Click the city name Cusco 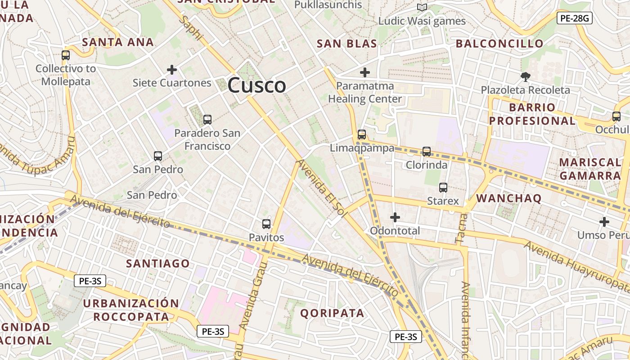[256, 85]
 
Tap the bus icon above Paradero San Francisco [207, 120]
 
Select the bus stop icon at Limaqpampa [361, 135]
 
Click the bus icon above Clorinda [427, 152]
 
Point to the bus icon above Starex [443, 188]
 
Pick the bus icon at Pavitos [266, 224]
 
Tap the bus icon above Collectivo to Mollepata [66, 55]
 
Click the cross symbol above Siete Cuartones [171, 70]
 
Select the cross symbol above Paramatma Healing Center [365, 72]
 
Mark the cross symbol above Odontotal [395, 218]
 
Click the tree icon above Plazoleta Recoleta [525, 76]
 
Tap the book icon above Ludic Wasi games [422, 8]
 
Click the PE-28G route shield [574, 18]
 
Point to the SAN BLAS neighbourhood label [346, 44]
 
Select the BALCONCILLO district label [499, 44]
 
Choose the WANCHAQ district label [509, 198]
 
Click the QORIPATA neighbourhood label [332, 313]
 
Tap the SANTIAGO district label [158, 264]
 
